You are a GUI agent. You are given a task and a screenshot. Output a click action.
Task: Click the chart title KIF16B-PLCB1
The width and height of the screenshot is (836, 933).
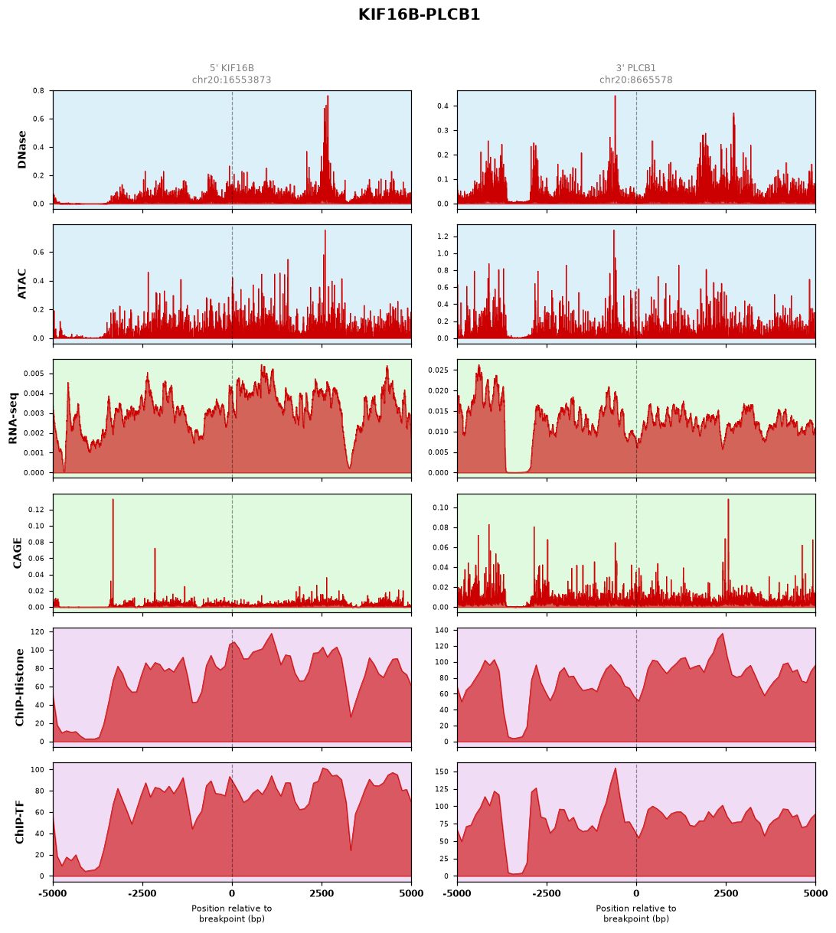419,15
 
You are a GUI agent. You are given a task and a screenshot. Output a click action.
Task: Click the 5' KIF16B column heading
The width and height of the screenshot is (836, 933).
232,68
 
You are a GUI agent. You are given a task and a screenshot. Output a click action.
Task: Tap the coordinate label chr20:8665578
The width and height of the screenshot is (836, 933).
635,80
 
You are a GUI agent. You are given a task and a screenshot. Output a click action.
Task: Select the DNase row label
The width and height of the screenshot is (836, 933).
21,150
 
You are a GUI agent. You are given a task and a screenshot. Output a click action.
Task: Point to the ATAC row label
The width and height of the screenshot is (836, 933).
21,284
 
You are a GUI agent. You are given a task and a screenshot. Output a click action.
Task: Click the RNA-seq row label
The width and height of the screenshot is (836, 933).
12,418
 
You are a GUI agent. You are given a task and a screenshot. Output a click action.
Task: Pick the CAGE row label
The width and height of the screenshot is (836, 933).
17,553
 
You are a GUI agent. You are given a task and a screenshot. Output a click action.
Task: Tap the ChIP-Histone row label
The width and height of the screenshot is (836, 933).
19,687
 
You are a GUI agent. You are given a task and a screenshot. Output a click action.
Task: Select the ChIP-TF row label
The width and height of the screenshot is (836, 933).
19,821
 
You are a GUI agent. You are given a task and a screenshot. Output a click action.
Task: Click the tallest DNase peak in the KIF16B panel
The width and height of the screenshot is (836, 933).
328,96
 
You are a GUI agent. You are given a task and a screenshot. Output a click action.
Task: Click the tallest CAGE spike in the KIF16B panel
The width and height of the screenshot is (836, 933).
113,499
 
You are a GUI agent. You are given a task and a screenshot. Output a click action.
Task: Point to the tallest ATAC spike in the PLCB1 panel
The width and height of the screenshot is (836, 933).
613,230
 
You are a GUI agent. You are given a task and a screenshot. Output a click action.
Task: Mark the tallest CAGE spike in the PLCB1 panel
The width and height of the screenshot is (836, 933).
728,500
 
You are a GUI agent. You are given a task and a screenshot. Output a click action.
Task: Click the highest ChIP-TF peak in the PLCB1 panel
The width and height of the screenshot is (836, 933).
616,768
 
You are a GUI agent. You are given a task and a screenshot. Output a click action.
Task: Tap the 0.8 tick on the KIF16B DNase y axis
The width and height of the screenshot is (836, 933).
39,91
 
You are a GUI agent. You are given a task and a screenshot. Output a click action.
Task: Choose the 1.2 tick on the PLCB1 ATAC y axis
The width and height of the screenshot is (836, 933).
442,237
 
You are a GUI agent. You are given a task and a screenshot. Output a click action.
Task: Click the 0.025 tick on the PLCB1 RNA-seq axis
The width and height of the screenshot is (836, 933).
438,370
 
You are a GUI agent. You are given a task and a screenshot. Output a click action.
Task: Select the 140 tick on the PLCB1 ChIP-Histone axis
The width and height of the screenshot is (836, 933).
442,630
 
